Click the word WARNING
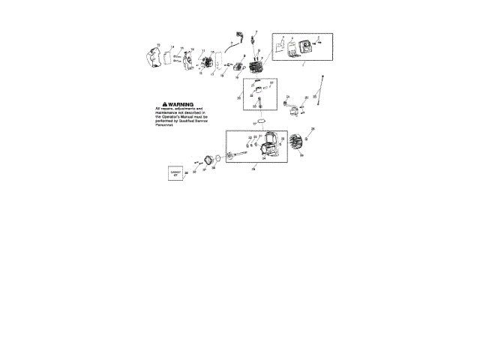[181, 104]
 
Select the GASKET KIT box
[176, 173]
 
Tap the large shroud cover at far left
[153, 58]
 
